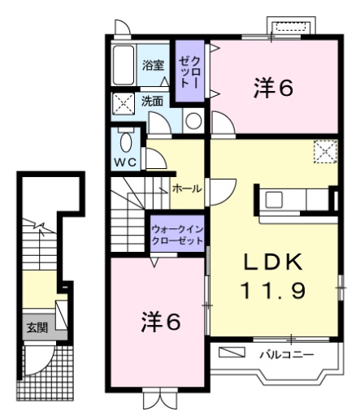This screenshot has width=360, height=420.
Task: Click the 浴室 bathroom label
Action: pyautogui.click(x=154, y=66)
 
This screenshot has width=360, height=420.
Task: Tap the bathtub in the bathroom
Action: pyautogui.click(x=125, y=66)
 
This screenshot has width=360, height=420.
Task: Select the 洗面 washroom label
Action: pyautogui.click(x=152, y=102)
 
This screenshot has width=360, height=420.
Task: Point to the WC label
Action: pyautogui.click(x=126, y=161)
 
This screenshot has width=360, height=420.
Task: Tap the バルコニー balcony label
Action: pyautogui.click(x=286, y=354)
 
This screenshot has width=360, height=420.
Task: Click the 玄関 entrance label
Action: pyautogui.click(x=36, y=328)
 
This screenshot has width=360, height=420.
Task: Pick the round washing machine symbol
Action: pyautogui.click(x=193, y=121)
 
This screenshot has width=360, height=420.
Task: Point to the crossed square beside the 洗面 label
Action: pyautogui.click(x=124, y=102)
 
